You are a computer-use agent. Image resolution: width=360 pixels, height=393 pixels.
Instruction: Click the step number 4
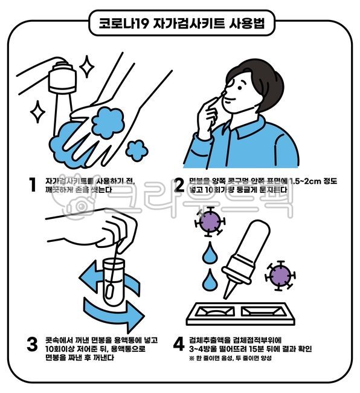tap(179, 345)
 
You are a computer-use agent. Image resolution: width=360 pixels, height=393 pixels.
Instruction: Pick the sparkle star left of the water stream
tap(37, 111)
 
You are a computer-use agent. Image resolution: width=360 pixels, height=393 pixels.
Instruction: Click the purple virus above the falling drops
tap(209, 222)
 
